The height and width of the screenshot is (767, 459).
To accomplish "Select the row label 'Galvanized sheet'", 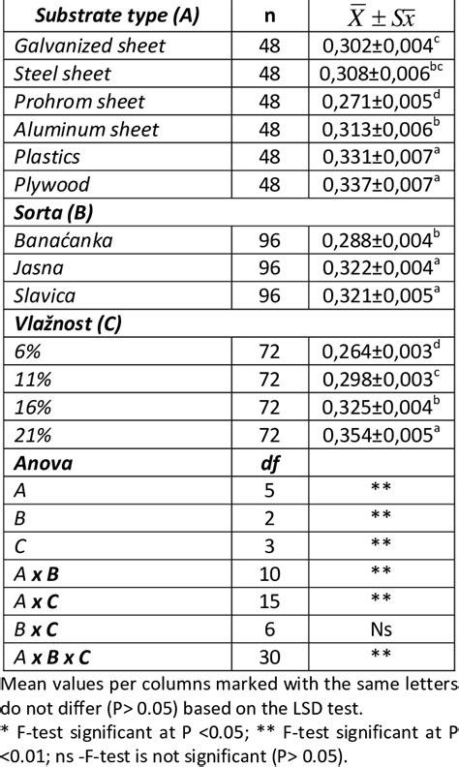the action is click(90, 46).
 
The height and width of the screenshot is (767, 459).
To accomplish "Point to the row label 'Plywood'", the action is click(52, 185).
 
